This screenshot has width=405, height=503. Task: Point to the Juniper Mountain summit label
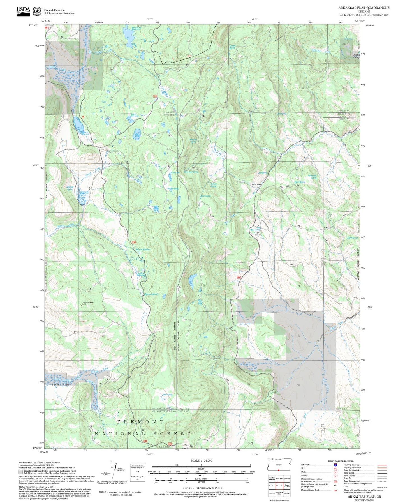click(88, 303)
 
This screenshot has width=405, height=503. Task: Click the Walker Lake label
click(173, 188)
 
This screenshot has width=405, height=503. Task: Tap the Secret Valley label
click(256, 184)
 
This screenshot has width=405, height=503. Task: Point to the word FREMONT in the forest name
click(140, 422)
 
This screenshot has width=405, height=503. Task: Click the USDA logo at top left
click(23, 11)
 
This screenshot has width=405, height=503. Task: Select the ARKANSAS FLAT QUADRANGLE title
click(364, 8)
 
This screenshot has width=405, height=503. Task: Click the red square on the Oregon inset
click(279, 470)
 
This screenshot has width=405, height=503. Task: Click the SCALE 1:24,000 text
click(201, 460)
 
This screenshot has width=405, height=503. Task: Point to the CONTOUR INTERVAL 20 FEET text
click(202, 488)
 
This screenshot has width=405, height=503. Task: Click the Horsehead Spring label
click(313, 177)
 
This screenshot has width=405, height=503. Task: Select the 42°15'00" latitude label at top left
click(33, 25)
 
